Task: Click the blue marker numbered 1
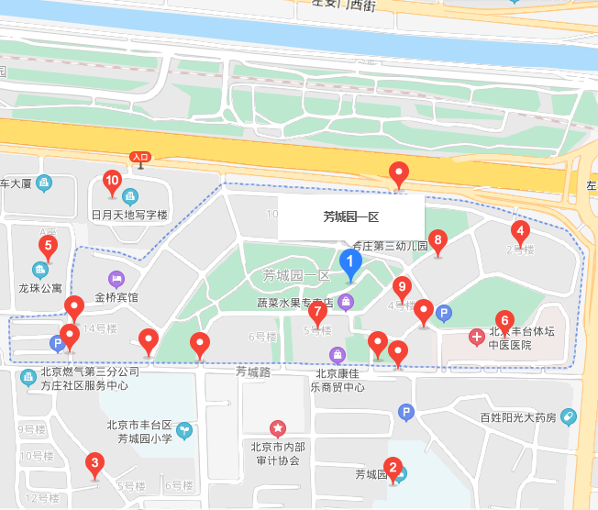click(350, 262)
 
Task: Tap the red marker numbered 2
click(393, 469)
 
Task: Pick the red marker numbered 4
click(520, 230)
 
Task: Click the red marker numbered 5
click(48, 245)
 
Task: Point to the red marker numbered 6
click(504, 320)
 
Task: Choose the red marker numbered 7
click(317, 312)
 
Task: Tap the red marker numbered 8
click(437, 241)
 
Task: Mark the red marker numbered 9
click(402, 287)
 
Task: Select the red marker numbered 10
click(112, 180)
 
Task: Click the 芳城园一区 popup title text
click(350, 217)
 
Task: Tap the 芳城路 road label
click(253, 372)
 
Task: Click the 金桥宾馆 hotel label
click(116, 297)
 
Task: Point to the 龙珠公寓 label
click(39, 287)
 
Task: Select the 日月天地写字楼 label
click(129, 215)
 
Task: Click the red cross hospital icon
click(476, 337)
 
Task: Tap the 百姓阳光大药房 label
click(518, 417)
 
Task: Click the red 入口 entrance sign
click(139, 157)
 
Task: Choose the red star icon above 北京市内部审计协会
click(276, 427)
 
